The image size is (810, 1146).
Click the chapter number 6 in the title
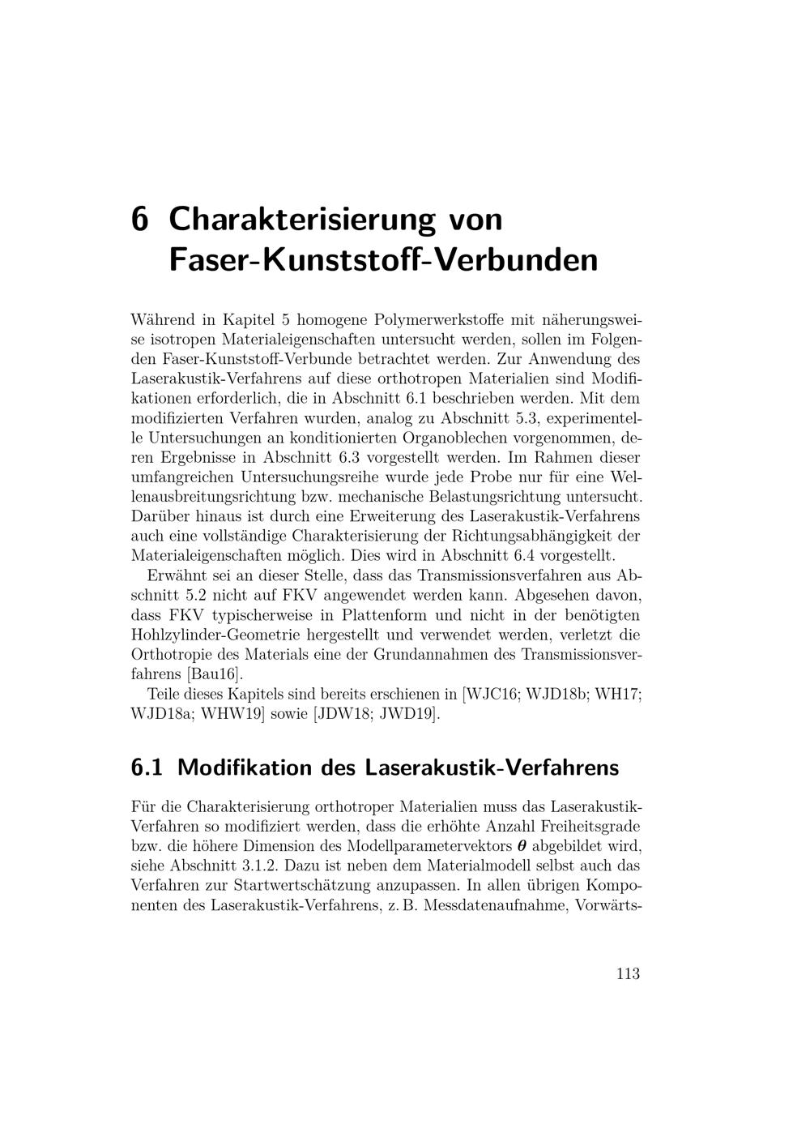(x=140, y=219)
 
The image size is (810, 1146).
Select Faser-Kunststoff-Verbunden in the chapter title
(x=383, y=260)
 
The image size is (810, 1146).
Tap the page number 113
(x=628, y=973)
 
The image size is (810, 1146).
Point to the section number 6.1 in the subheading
(x=147, y=768)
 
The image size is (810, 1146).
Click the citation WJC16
(x=491, y=695)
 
